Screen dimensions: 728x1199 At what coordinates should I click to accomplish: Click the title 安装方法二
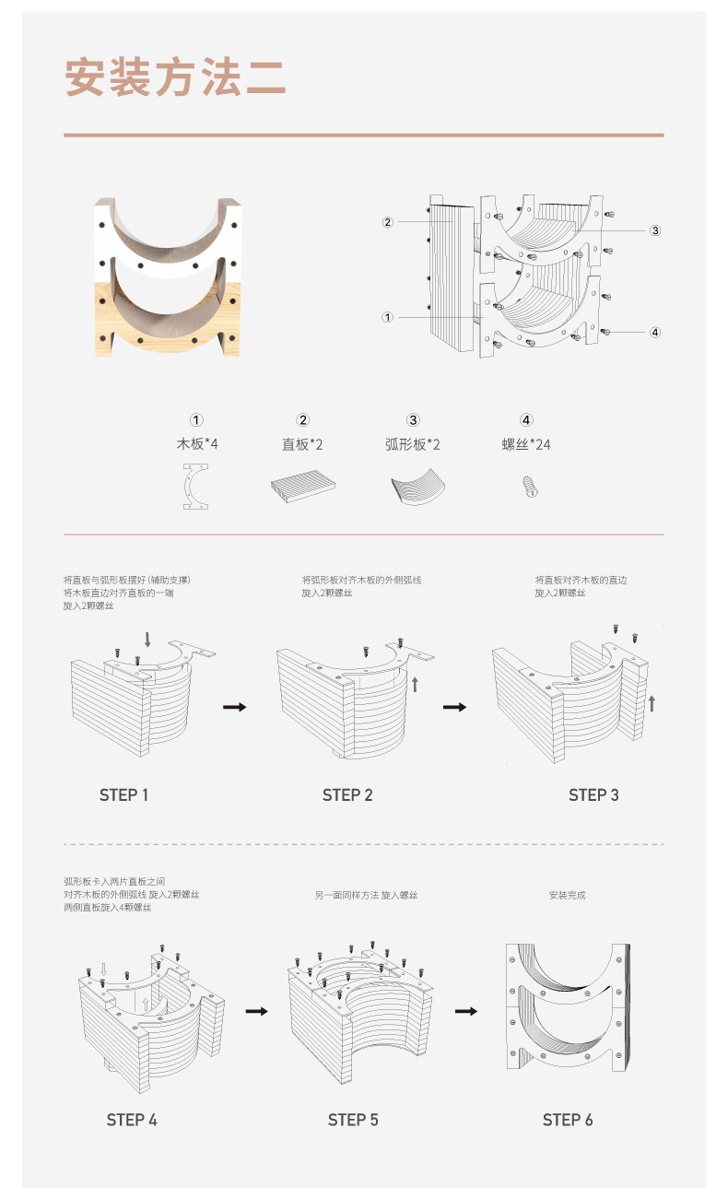(175, 78)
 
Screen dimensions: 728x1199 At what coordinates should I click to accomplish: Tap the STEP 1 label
(123, 795)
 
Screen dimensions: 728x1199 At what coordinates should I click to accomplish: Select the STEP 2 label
(347, 795)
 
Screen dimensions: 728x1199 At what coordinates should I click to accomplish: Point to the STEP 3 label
(593, 795)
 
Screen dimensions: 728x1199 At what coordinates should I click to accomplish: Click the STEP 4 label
(132, 1120)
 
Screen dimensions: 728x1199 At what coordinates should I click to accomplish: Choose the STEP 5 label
(353, 1120)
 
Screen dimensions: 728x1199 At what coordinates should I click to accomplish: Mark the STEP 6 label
(568, 1120)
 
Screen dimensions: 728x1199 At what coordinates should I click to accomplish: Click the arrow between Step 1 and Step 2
(234, 707)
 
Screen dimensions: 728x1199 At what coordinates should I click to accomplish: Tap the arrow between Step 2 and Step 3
(454, 707)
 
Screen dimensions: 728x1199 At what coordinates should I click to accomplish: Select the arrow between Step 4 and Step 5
(257, 1011)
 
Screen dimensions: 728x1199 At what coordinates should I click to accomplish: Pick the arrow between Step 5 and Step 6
(466, 1011)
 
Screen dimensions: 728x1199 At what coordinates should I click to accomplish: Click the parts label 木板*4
(197, 443)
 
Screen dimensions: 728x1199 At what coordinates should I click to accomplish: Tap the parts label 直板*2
(302, 444)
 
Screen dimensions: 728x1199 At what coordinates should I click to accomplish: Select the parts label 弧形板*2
(413, 444)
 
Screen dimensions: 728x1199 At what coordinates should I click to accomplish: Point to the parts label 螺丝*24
(526, 444)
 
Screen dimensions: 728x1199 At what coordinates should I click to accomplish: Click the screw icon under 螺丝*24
(530, 487)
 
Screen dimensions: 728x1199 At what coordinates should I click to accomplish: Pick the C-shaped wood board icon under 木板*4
(187, 487)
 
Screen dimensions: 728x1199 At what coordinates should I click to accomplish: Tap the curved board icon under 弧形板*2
(418, 486)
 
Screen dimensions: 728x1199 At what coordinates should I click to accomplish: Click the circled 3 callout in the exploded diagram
(655, 230)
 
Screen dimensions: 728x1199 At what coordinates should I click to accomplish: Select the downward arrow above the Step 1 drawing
(147, 639)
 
